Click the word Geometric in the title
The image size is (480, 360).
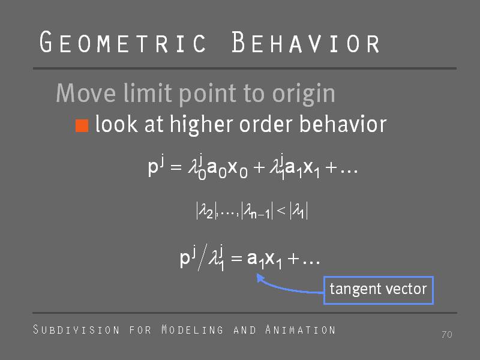click(123, 42)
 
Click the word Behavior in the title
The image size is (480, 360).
click(305, 42)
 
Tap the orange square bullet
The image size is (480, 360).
click(82, 125)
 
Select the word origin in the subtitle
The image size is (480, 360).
click(304, 94)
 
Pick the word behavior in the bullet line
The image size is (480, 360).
click(343, 124)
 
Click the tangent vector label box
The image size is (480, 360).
click(379, 290)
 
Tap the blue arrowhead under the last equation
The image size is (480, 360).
click(260, 278)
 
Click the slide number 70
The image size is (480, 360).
click(447, 334)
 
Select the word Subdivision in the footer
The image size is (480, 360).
click(76, 329)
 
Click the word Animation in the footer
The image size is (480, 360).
click(301, 329)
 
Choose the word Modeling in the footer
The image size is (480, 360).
click(192, 329)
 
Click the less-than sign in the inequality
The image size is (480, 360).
click(281, 210)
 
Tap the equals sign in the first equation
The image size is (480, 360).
click(176, 167)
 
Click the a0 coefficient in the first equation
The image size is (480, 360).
click(217, 169)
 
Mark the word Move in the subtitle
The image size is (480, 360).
click(86, 93)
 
